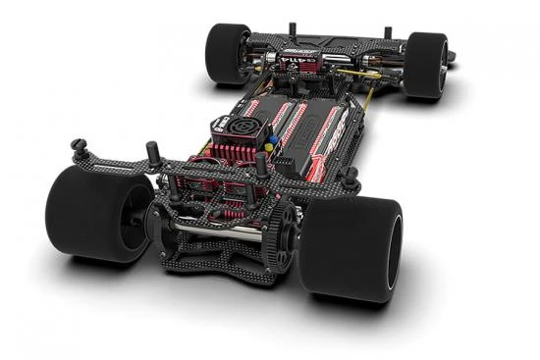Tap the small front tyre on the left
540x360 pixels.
coord(226,53)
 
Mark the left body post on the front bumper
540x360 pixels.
coord(292,29)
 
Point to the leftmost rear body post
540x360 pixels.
coord(78,149)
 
